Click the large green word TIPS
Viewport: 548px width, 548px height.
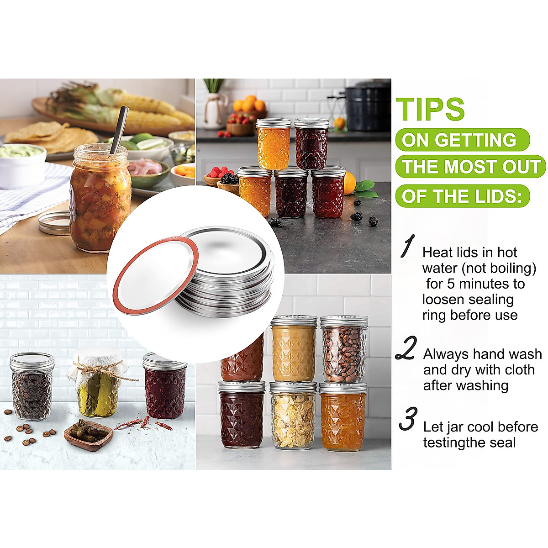pos(430,109)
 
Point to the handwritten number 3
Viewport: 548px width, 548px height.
pos(408,419)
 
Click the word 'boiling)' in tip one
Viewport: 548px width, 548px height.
pos(514,268)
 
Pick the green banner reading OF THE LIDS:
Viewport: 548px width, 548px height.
pos(462,196)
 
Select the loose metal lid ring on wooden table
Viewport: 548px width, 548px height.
pos(54,222)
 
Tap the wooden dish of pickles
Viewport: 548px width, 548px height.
pos(89,434)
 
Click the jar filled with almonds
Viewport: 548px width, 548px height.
pos(344,349)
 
